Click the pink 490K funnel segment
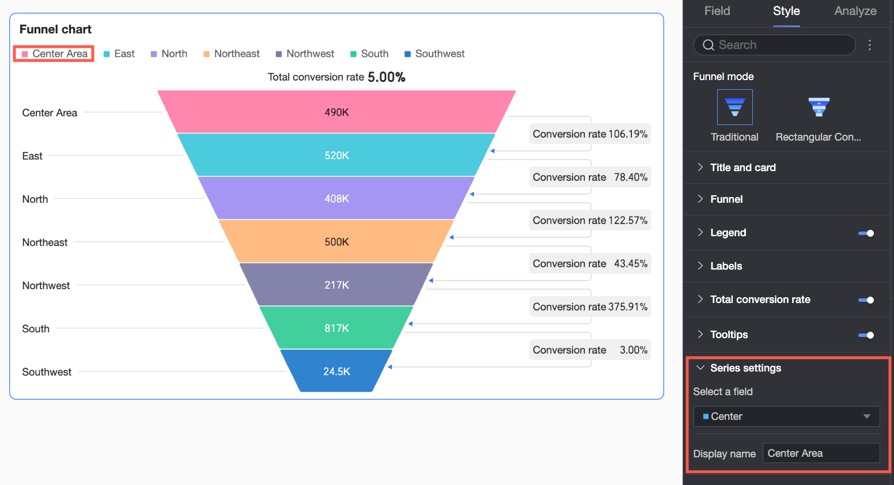point(336,112)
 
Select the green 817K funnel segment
point(336,328)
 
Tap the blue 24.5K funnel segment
point(336,371)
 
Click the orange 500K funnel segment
point(336,241)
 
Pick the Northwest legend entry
point(305,54)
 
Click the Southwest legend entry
point(434,54)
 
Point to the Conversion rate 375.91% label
point(590,306)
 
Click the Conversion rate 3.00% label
point(590,350)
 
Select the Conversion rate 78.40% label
point(590,177)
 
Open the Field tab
point(717,11)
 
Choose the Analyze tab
point(855,11)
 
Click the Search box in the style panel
point(774,45)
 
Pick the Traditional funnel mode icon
point(734,107)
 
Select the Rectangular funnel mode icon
point(819,107)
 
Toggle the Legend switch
point(866,233)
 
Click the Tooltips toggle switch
point(866,335)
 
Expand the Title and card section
point(743,168)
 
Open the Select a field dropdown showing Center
point(786,416)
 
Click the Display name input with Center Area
point(821,453)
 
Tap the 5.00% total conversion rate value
point(386,77)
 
